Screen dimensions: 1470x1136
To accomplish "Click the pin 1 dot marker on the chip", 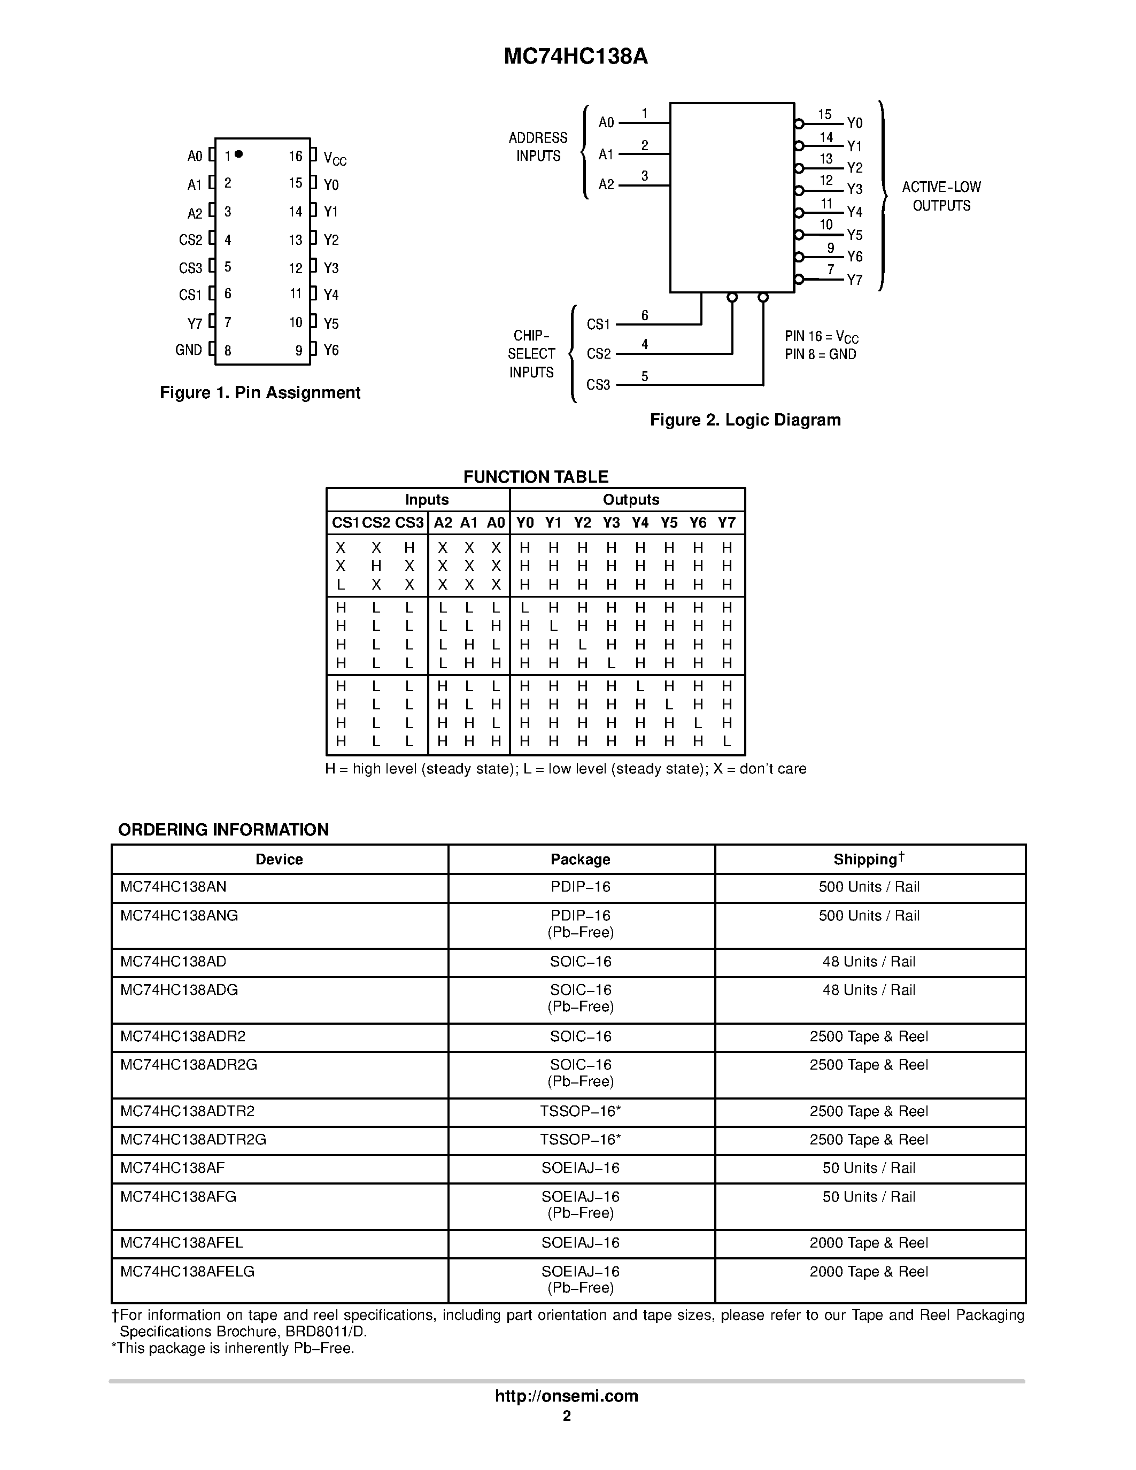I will [x=239, y=154].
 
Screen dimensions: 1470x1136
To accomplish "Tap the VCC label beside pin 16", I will [x=335, y=159].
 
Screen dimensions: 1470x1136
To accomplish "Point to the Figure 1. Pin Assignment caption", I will [x=260, y=392].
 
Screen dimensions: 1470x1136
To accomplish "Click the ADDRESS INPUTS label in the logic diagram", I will [x=538, y=146].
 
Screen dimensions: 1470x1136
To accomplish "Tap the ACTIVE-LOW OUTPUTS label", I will [x=941, y=196].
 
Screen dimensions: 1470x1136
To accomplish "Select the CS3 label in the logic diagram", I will [x=598, y=384].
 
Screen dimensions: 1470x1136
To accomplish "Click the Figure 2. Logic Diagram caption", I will [x=745, y=420].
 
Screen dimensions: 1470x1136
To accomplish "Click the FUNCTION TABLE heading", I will [x=536, y=476].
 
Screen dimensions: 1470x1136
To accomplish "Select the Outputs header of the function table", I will [x=631, y=499].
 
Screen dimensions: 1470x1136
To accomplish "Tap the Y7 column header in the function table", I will [x=726, y=522].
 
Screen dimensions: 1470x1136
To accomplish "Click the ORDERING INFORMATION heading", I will [x=223, y=829].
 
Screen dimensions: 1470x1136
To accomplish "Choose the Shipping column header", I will [x=868, y=859].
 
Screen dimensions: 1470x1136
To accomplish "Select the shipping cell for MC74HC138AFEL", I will [x=868, y=1242].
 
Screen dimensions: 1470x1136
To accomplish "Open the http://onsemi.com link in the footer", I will [x=567, y=1396].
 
